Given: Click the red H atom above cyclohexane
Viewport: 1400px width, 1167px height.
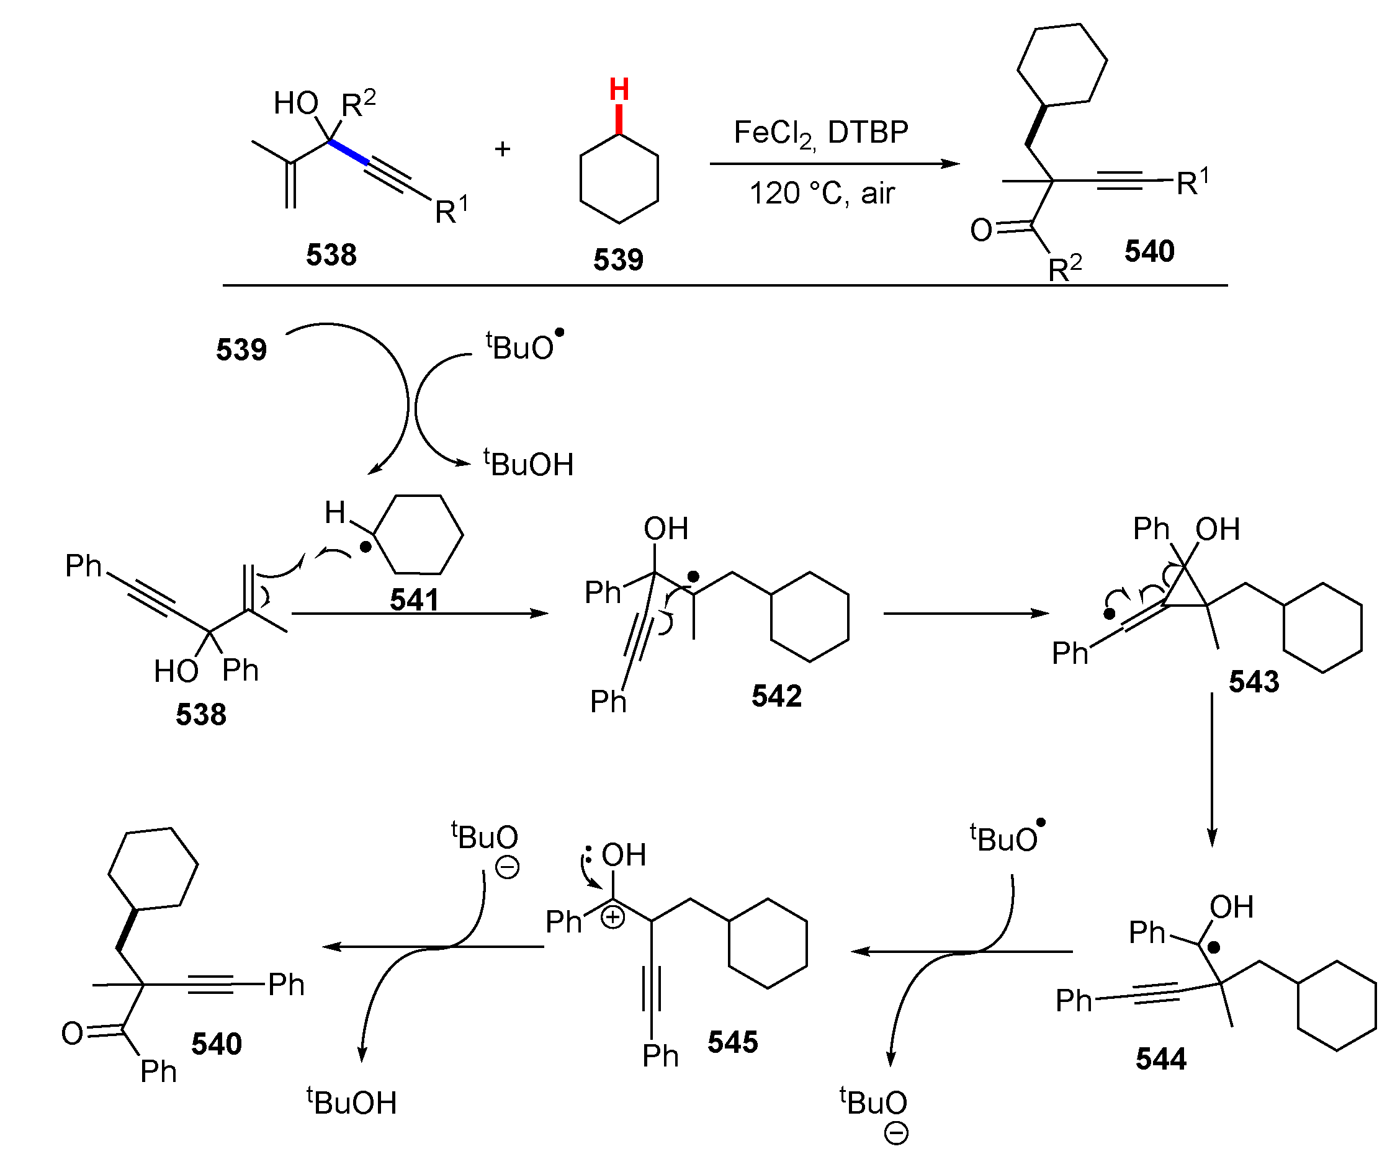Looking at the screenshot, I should tap(619, 89).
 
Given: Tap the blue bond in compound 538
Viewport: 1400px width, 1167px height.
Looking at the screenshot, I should tap(349, 152).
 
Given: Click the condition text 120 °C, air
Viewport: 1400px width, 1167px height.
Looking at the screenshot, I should tap(822, 194).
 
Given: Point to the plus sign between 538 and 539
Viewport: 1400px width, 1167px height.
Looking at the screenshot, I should tap(503, 149).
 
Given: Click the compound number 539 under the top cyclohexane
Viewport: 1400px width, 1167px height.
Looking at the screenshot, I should tap(618, 259).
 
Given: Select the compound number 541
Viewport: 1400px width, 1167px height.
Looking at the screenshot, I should tap(414, 599).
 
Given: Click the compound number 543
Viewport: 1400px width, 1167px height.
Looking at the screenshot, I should tap(1254, 681).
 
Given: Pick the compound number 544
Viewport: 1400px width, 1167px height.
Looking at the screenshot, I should tap(1160, 1058).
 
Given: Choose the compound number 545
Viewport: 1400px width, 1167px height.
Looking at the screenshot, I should tap(733, 1042).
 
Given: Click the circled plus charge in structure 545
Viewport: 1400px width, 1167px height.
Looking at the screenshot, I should tap(612, 918).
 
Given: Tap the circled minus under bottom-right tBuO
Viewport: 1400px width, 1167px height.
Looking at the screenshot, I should tap(895, 1133).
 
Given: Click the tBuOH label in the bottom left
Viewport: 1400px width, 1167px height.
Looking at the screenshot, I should tap(351, 1102).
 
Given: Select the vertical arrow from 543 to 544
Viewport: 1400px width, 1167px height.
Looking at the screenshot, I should tap(1211, 770).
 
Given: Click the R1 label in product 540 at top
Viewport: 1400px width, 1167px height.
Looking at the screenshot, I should tap(1192, 182).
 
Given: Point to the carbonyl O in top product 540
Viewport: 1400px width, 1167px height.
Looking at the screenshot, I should tap(981, 231).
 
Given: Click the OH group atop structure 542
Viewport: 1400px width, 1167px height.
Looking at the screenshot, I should tap(665, 529).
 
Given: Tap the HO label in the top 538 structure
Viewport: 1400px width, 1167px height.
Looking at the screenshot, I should tap(295, 104).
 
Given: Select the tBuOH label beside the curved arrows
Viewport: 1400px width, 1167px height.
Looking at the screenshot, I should tap(528, 464).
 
